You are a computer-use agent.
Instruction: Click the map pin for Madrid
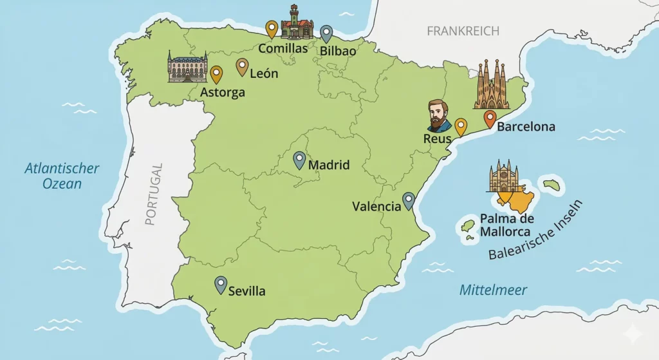pyautogui.click(x=299, y=160)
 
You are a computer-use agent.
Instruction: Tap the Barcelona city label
pyautogui.click(x=526, y=127)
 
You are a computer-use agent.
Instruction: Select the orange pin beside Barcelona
pyautogui.click(x=490, y=119)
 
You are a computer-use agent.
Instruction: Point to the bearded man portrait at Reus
pyautogui.click(x=439, y=116)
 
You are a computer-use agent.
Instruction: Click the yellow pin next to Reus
pyautogui.click(x=461, y=127)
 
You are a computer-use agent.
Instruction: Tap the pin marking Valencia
pyautogui.click(x=409, y=201)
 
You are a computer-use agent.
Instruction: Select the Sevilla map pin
pyautogui.click(x=221, y=285)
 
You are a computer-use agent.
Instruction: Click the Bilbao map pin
pyautogui.click(x=327, y=33)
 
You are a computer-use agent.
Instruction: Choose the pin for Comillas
pyautogui.click(x=272, y=29)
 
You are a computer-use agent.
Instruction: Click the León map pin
pyautogui.click(x=242, y=66)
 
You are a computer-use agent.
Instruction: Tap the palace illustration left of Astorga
pyautogui.click(x=187, y=67)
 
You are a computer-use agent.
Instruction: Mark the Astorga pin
pyautogui.click(x=216, y=75)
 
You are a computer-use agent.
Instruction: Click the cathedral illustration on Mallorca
pyautogui.click(x=503, y=176)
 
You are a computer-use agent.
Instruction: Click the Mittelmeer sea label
pyautogui.click(x=493, y=290)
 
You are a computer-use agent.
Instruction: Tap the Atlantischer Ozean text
pyautogui.click(x=62, y=176)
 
